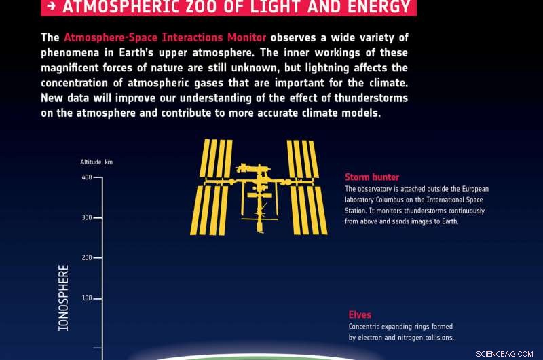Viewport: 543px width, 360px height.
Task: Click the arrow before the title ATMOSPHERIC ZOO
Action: pos(52,7)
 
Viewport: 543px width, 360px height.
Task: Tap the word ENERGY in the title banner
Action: pos(377,7)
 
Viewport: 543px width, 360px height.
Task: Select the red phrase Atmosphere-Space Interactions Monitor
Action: pos(165,37)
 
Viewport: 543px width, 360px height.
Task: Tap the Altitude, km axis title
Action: pos(96,162)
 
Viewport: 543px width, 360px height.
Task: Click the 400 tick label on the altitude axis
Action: pos(86,177)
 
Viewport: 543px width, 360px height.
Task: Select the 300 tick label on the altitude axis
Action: pos(86,218)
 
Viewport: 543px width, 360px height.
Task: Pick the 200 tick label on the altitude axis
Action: pos(86,258)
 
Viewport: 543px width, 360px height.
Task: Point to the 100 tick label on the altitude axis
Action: pos(86,298)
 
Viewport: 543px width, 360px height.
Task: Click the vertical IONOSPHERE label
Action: pos(64,298)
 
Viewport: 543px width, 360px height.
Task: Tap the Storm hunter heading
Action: pos(372,177)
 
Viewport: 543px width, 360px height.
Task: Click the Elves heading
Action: pos(360,314)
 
